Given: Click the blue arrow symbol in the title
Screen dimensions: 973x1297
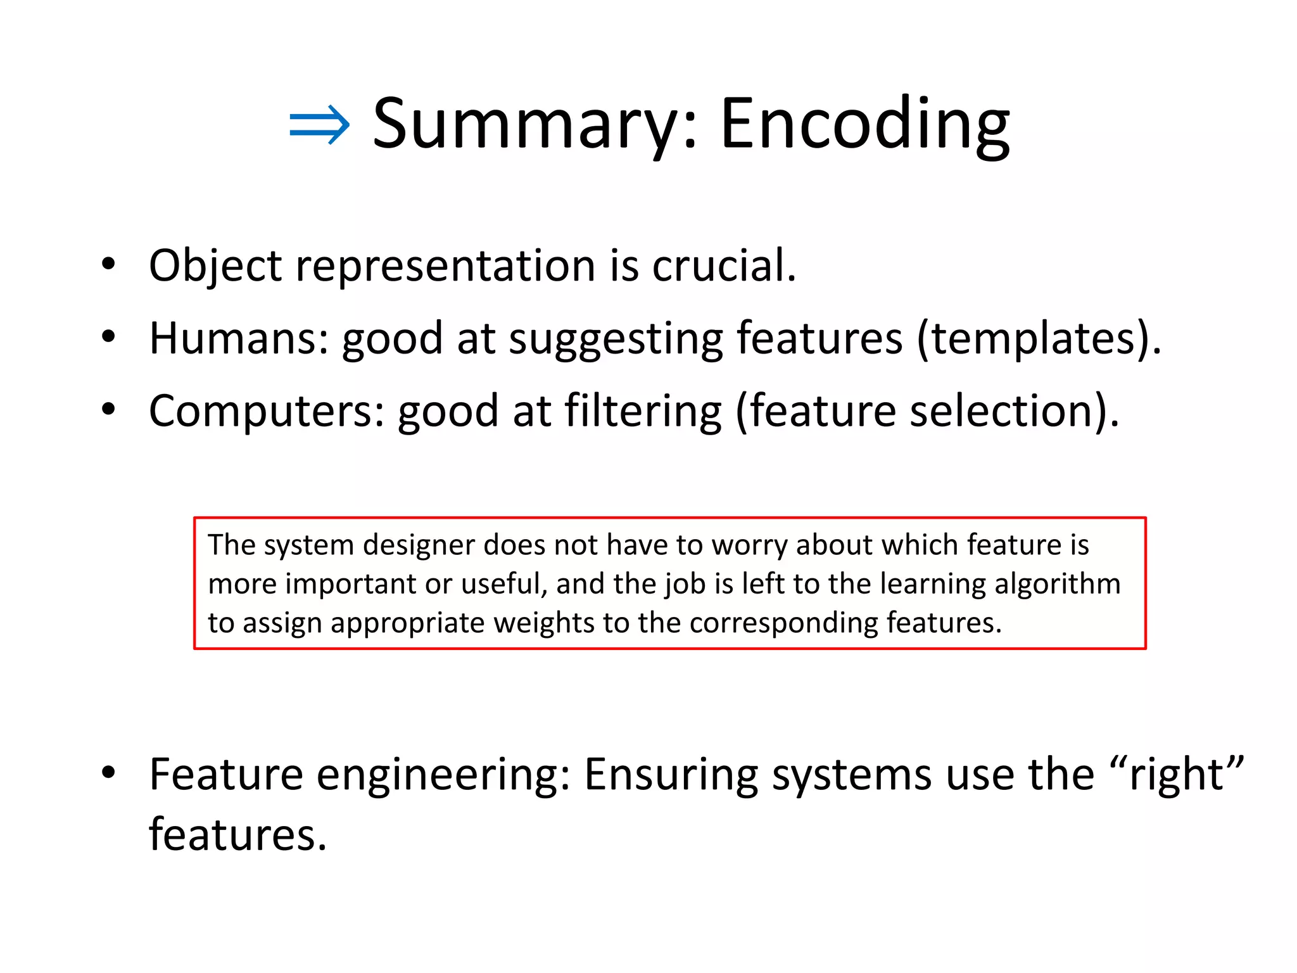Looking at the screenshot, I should point(319,125).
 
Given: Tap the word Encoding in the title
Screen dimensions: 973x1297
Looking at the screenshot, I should point(864,125).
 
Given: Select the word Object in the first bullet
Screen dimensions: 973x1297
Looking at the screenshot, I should point(215,266).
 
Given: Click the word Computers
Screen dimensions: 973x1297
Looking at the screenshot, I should point(267,412).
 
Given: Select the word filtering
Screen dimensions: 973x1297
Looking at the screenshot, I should point(642,412).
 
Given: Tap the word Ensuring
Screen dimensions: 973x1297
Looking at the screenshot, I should point(671,776).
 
